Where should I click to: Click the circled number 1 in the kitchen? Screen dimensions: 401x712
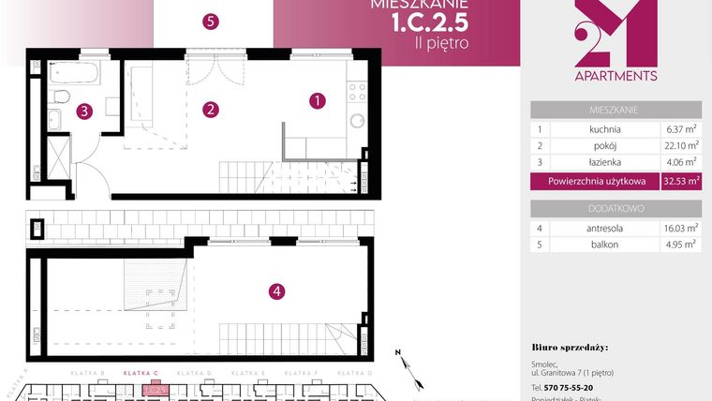318,99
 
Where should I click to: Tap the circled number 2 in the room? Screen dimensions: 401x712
212,110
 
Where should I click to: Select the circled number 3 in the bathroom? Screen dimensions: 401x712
85,111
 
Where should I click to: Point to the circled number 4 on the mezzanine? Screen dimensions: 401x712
275,291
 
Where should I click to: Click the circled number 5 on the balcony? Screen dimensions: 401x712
211,21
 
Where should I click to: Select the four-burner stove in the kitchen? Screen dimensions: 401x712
356,92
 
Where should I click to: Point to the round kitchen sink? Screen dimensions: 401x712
356,121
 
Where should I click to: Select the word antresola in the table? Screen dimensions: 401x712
599,228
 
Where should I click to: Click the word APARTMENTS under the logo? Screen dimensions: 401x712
616,76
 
